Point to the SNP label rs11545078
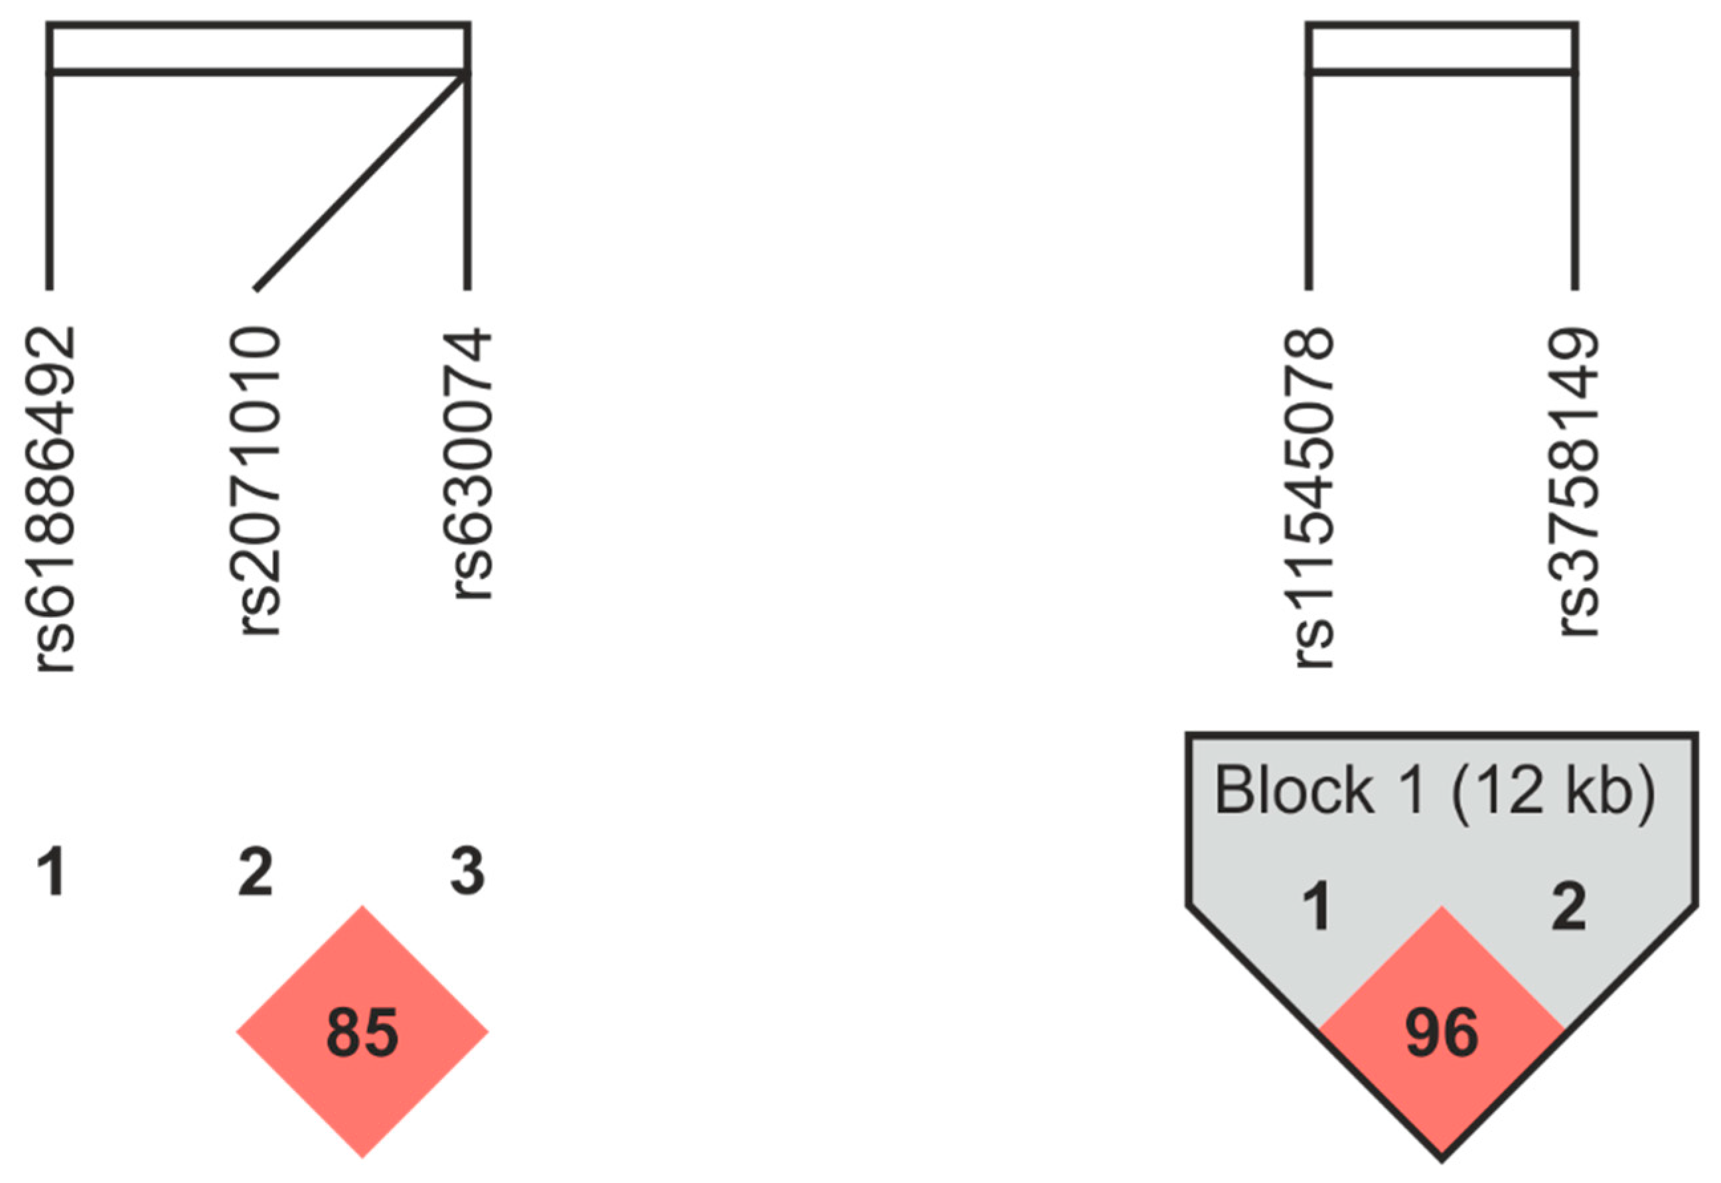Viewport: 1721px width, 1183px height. tap(1314, 498)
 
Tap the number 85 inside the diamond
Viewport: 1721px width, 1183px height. tap(362, 1032)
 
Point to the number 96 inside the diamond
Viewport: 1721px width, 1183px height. tap(1442, 1032)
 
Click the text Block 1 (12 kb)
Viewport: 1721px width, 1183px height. tap(1434, 791)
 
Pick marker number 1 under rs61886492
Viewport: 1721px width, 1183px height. tap(53, 872)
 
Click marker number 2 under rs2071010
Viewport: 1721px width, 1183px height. tap(256, 872)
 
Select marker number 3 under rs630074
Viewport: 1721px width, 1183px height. tap(467, 872)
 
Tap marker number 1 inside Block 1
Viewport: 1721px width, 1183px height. tap(1317, 906)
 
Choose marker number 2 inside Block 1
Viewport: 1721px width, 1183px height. tap(1568, 906)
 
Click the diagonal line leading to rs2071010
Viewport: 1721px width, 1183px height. tap(361, 182)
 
